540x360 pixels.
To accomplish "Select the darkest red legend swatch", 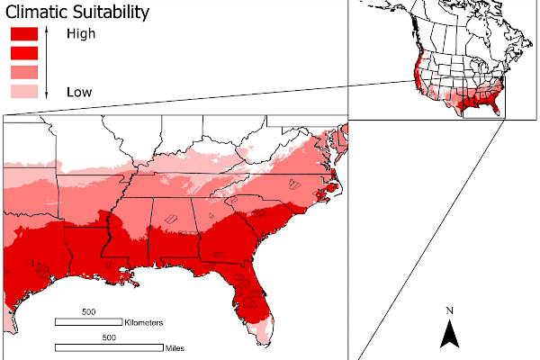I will pyautogui.click(x=23, y=34).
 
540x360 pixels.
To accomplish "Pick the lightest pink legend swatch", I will pyautogui.click(x=23, y=91).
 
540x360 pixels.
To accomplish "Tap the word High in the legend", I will pyautogui.click(x=80, y=34).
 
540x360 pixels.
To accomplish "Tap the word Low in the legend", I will pyautogui.click(x=79, y=92).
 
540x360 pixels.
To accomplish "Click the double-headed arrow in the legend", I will pyautogui.click(x=46, y=62).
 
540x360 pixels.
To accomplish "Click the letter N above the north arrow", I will pyautogui.click(x=450, y=311).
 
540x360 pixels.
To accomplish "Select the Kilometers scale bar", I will pyautogui.click(x=89, y=321).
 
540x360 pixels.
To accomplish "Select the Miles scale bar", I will pyautogui.click(x=109, y=346).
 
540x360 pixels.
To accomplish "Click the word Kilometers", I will pyautogui.click(x=144, y=321).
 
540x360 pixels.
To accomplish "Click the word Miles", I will pyautogui.click(x=176, y=346).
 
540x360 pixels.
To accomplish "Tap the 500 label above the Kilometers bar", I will pyautogui.click(x=88, y=312).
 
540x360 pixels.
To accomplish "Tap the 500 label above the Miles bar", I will pyautogui.click(x=108, y=338).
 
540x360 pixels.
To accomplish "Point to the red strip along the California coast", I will pyautogui.click(x=414, y=72).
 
